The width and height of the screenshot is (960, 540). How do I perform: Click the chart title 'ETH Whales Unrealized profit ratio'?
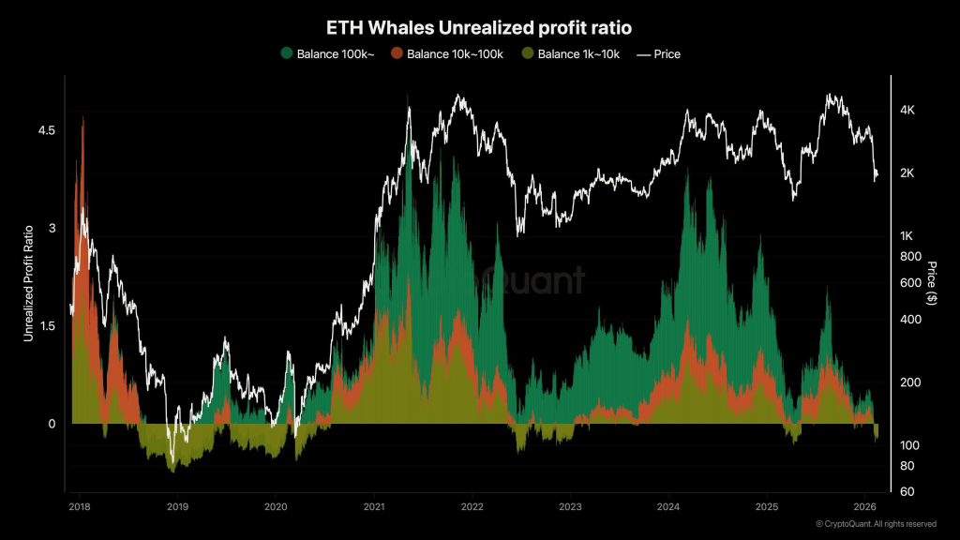click(x=479, y=29)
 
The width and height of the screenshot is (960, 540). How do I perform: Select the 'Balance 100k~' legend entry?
click(x=327, y=54)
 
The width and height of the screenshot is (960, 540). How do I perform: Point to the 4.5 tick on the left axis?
click(x=46, y=130)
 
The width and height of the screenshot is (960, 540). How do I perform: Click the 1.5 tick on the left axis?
click(x=46, y=326)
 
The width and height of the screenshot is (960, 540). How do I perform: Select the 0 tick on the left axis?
click(x=52, y=424)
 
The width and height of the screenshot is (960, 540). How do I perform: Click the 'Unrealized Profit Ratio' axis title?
click(x=28, y=281)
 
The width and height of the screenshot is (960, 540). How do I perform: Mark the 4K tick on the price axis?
click(x=907, y=111)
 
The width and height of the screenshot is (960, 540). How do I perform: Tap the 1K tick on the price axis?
click(x=907, y=235)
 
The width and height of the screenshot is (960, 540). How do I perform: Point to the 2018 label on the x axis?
click(x=80, y=507)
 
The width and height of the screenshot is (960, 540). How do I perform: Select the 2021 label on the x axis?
click(x=373, y=507)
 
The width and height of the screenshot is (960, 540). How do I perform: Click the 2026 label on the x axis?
click(x=863, y=507)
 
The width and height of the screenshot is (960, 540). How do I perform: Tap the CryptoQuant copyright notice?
click(x=876, y=524)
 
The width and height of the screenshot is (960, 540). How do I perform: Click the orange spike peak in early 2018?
click(x=82, y=118)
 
